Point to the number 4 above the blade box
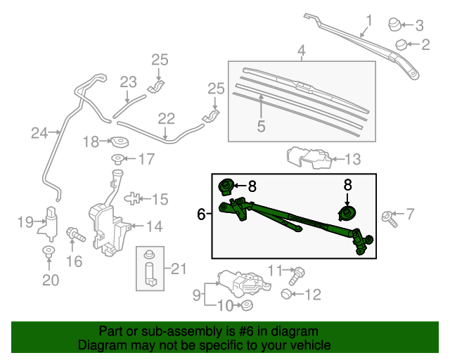tap(301, 51)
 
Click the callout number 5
tap(261, 127)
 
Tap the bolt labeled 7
tap(388, 217)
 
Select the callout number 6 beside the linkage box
tap(201, 214)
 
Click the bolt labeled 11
tap(298, 271)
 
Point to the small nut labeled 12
tap(287, 292)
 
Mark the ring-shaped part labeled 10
tap(246, 305)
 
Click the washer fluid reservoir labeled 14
tap(105, 221)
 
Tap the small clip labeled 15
tap(136, 199)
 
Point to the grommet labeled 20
tap(49, 251)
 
